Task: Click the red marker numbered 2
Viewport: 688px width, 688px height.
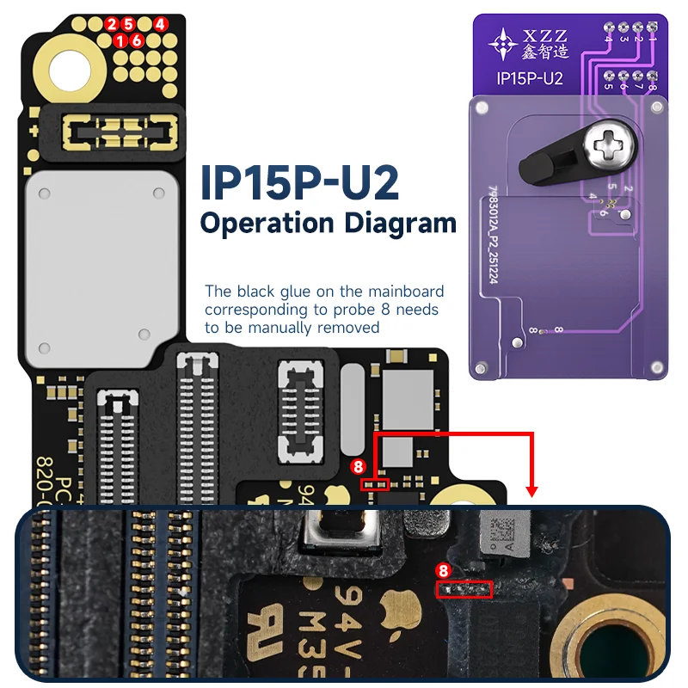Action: (111, 24)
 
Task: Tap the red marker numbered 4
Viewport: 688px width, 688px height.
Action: (161, 24)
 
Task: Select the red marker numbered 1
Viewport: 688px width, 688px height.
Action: (120, 40)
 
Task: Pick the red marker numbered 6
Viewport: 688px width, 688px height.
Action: (136, 40)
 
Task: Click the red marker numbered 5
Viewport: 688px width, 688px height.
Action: (128, 24)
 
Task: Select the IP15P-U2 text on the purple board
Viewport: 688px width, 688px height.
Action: (530, 79)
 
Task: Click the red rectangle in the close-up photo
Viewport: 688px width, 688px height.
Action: (464, 589)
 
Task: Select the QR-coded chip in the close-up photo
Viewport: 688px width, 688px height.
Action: (501, 532)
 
